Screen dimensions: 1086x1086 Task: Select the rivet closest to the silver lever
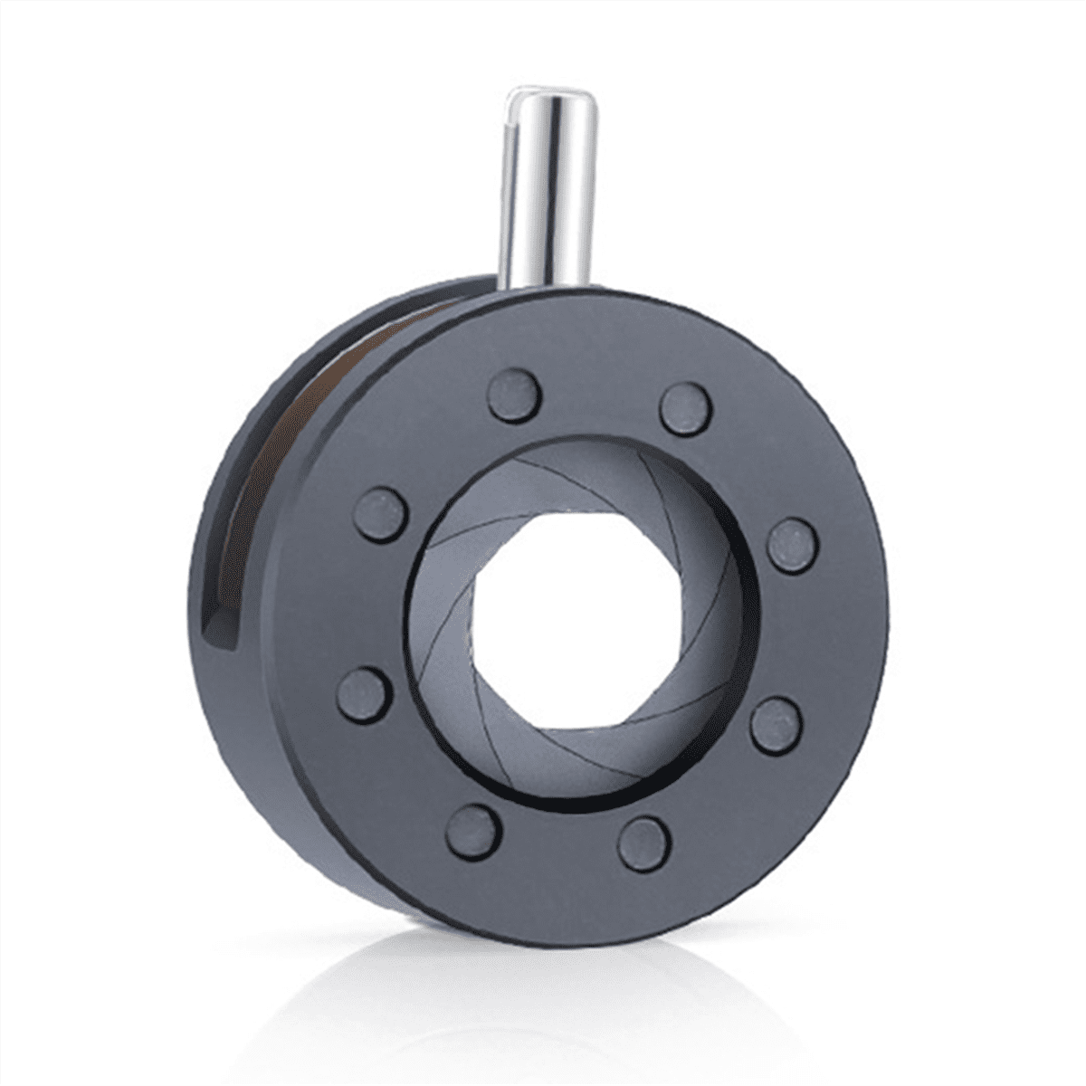click(514, 395)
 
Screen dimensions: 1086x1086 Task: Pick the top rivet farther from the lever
click(685, 408)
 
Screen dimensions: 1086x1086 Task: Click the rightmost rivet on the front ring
click(794, 546)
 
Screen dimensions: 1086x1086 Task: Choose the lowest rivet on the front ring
click(643, 843)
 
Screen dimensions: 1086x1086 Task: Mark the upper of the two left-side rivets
click(380, 513)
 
